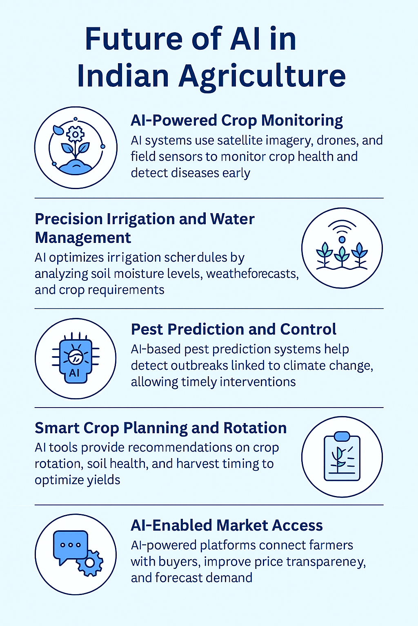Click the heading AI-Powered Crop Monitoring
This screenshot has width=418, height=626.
(237, 121)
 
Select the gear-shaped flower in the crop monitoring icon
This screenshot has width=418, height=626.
(75, 134)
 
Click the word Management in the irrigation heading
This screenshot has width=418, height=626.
(83, 238)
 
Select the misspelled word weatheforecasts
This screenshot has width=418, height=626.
(253, 273)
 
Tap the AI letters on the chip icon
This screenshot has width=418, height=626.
(74, 373)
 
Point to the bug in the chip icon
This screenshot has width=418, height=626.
(75, 356)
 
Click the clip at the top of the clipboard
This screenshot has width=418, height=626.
(342, 436)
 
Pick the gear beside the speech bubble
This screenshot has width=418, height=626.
(90, 563)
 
